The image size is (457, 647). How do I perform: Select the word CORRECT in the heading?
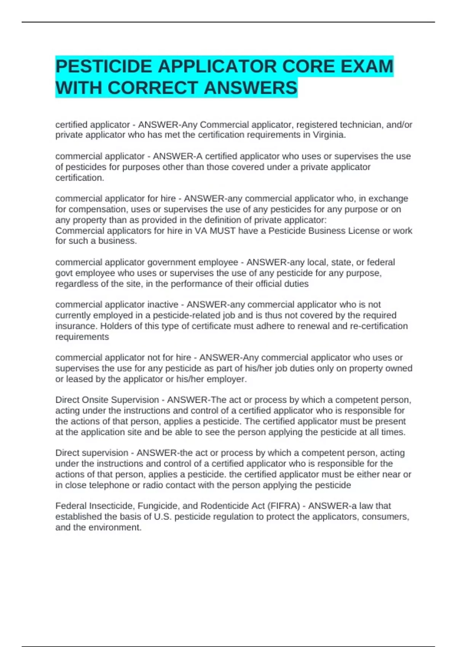tap(154, 88)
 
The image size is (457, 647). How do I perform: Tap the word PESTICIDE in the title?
tap(104, 66)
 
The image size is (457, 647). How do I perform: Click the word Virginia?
tap(328, 135)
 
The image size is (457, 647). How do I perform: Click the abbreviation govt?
tap(64, 273)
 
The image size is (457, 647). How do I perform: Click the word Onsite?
tap(96, 400)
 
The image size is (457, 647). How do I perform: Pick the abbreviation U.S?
tap(163, 516)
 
